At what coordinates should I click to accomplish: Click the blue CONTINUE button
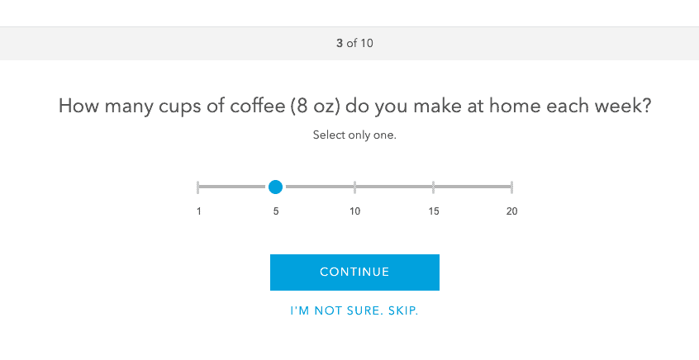354,272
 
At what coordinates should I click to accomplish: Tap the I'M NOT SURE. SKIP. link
354,311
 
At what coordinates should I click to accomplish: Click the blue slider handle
276,187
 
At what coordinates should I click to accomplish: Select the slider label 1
199,211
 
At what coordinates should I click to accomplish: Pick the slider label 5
276,211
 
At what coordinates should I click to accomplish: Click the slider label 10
354,211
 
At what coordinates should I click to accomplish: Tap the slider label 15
434,211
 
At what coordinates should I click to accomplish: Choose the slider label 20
512,211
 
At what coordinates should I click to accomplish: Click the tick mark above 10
354,187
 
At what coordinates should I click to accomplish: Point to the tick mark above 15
434,187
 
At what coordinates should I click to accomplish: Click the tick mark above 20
512,187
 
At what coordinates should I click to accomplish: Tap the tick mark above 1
198,187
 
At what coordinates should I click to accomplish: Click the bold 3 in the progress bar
340,43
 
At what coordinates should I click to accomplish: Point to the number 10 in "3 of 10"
367,43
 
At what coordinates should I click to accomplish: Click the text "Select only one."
354,135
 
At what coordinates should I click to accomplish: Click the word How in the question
77,107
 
